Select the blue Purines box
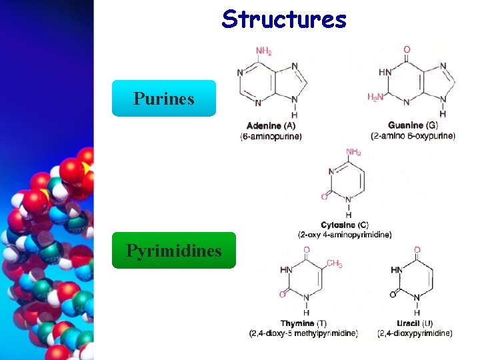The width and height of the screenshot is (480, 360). coord(163,99)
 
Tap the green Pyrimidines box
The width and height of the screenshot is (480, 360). coord(173,251)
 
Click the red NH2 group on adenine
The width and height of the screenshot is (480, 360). coord(264,51)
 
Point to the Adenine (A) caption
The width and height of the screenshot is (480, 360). coord(271,125)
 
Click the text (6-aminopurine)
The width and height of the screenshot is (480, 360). coord(271,136)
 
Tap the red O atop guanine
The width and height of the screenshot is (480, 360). coord(407,49)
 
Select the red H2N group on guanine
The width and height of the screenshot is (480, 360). coord(375,97)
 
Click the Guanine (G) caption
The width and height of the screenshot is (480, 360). coord(413,125)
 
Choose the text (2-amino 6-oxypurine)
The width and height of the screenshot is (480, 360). coord(413,136)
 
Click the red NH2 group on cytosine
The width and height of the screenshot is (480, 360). coord(353,152)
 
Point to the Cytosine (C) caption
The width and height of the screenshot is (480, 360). coord(345,225)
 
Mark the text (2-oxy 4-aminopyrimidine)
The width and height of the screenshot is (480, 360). coord(345,235)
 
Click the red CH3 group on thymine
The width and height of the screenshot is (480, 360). coord(335,264)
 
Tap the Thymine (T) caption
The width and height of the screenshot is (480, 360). coord(303,323)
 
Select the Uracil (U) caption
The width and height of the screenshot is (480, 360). coord(415,323)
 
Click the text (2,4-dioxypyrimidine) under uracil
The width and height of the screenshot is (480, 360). coord(415,333)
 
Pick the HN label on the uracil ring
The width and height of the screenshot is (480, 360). coord(397,270)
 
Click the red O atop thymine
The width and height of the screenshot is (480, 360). coord(307,250)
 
